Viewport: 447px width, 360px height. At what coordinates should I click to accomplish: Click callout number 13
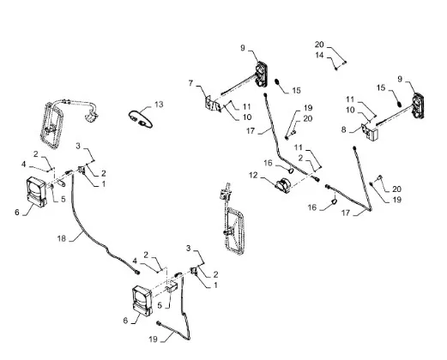coord(159,105)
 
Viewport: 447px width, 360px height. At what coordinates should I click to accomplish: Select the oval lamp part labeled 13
coord(141,120)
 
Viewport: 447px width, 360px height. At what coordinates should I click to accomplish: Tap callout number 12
coord(253,175)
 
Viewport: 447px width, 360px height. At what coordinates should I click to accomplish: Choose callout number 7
coord(190,83)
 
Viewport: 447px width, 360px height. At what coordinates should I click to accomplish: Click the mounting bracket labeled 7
coord(213,105)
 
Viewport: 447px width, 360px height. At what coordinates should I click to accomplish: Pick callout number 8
coord(343,129)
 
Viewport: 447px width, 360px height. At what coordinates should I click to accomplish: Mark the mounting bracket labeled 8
coord(370,132)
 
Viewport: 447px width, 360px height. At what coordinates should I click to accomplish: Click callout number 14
coord(319,55)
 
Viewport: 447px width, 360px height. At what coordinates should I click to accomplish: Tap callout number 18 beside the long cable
coord(62,238)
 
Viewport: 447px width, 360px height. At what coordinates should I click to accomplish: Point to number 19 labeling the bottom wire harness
coord(153,339)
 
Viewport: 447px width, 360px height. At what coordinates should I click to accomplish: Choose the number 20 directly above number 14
coord(319,45)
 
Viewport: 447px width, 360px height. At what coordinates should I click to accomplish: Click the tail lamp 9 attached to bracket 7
coord(262,74)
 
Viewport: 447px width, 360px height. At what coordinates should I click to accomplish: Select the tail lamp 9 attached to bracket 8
coord(418,105)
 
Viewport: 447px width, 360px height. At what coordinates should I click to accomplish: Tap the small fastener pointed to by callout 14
coord(336,69)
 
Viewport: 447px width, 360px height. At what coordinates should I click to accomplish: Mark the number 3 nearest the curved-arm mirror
coord(78,146)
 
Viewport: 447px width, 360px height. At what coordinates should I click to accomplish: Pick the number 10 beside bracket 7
coord(247,117)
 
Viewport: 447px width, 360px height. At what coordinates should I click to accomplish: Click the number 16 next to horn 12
coord(268,163)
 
